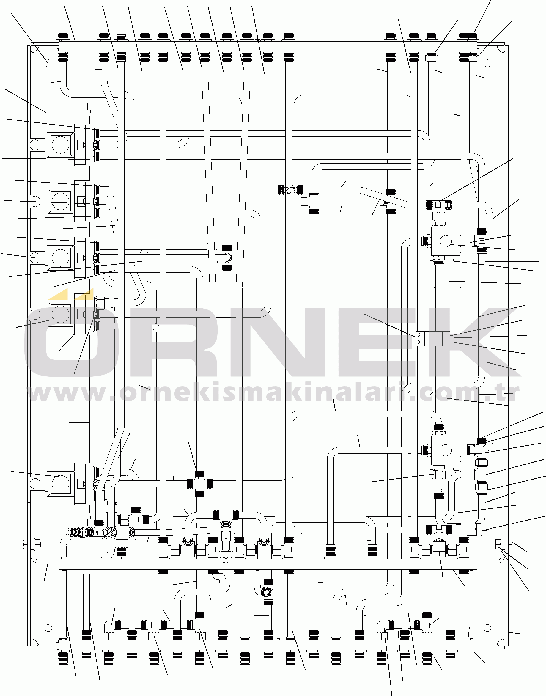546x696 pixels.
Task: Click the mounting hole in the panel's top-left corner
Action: (x=48, y=63)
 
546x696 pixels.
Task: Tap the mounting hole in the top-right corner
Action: (x=487, y=63)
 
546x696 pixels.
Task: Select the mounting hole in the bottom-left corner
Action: (x=48, y=628)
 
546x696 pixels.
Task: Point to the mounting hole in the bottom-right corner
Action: (x=487, y=628)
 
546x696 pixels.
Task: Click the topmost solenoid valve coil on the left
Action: (x=60, y=144)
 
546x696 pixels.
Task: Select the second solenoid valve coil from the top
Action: (x=60, y=201)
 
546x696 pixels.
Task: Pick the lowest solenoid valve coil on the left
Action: (x=60, y=483)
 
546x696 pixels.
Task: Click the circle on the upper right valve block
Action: (x=446, y=241)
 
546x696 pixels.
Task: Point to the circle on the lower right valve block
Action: (x=446, y=450)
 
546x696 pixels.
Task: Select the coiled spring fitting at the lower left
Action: (x=76, y=532)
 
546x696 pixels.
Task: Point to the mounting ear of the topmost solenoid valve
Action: (x=35, y=144)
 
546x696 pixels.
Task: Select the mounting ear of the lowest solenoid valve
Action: (x=35, y=483)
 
